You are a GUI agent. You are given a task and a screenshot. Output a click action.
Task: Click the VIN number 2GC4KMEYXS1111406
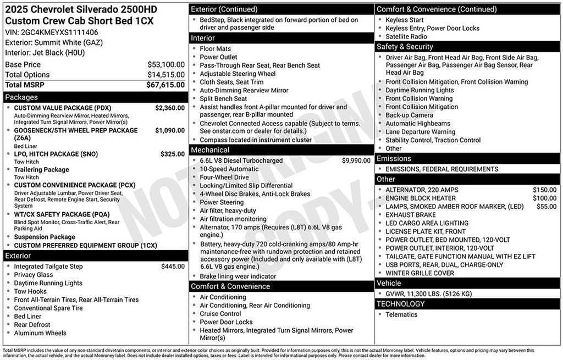click(60, 32)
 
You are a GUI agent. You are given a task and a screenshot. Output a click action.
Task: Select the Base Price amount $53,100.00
click(165, 64)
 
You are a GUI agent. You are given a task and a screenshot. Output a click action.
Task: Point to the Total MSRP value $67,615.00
click(165, 85)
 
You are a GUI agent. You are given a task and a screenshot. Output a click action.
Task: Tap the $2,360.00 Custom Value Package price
click(170, 108)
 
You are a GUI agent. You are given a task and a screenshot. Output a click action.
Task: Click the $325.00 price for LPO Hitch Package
click(173, 154)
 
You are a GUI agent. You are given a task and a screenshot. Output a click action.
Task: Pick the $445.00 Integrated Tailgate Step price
click(173, 267)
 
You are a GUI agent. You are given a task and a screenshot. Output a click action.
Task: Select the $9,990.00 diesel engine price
click(356, 160)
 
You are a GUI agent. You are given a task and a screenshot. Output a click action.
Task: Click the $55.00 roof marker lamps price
click(546, 206)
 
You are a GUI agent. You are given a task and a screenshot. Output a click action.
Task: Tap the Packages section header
click(21, 97)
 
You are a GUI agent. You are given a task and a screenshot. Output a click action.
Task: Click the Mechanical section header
click(210, 149)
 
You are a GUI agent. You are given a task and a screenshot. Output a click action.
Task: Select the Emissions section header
click(394, 159)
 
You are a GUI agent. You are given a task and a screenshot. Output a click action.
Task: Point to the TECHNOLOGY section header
click(400, 304)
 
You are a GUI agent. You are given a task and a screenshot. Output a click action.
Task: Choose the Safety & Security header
click(405, 47)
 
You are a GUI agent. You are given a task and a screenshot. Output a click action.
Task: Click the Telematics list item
click(401, 315)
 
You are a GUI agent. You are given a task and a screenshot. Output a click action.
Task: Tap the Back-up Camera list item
click(409, 115)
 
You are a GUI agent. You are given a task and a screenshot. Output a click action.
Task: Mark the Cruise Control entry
click(220, 314)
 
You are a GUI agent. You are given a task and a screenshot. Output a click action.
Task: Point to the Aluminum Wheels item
click(40, 333)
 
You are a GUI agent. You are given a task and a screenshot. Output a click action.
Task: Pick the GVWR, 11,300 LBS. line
click(429, 294)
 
